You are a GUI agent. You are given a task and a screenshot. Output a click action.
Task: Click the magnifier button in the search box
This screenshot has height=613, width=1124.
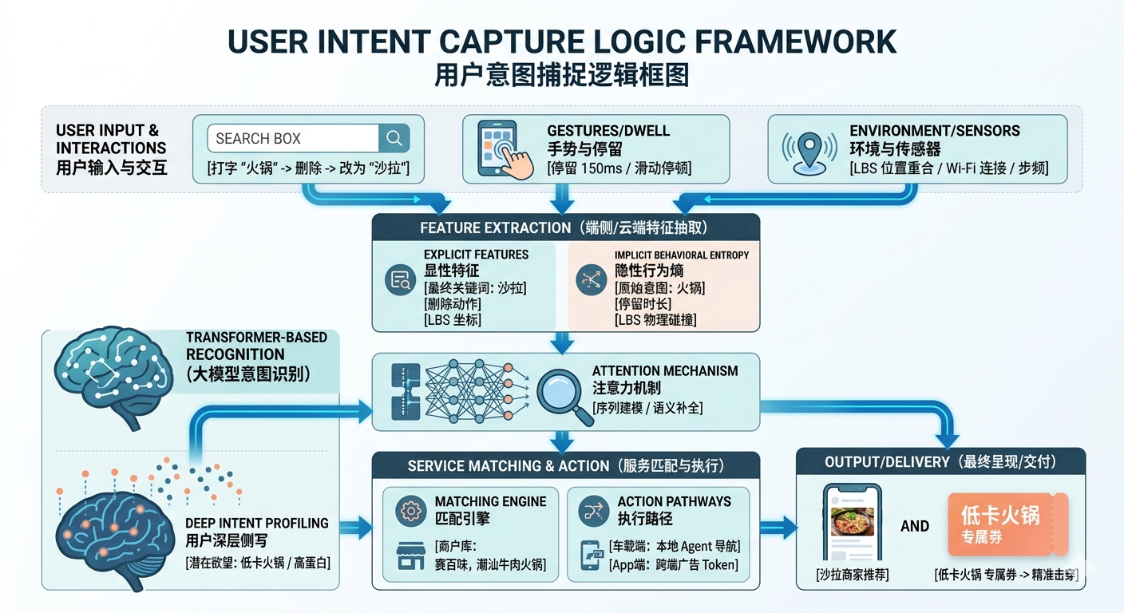click(x=394, y=138)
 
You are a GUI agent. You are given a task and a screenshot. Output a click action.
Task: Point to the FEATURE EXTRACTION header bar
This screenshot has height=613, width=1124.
click(x=565, y=228)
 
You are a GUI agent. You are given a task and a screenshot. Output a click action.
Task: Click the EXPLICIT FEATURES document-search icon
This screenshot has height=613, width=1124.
click(x=400, y=280)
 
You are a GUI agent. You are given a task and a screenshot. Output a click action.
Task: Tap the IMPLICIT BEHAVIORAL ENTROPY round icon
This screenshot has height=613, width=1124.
click(x=592, y=280)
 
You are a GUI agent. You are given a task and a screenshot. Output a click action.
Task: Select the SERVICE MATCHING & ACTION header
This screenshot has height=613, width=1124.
click(x=565, y=465)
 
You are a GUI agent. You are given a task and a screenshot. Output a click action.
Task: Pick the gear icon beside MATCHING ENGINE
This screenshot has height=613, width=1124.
click(x=411, y=510)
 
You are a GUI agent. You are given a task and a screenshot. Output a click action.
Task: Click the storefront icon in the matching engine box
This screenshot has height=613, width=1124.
click(x=411, y=556)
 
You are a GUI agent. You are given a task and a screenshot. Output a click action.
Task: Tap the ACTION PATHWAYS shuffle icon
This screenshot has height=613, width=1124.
click(x=592, y=510)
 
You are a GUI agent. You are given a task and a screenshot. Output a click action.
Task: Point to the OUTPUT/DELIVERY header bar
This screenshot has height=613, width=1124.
click(x=940, y=462)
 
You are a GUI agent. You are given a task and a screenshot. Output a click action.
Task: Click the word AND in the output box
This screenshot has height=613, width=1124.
click(x=914, y=526)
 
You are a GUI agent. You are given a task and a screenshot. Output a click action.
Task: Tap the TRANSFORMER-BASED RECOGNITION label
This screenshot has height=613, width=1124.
click(x=256, y=346)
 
